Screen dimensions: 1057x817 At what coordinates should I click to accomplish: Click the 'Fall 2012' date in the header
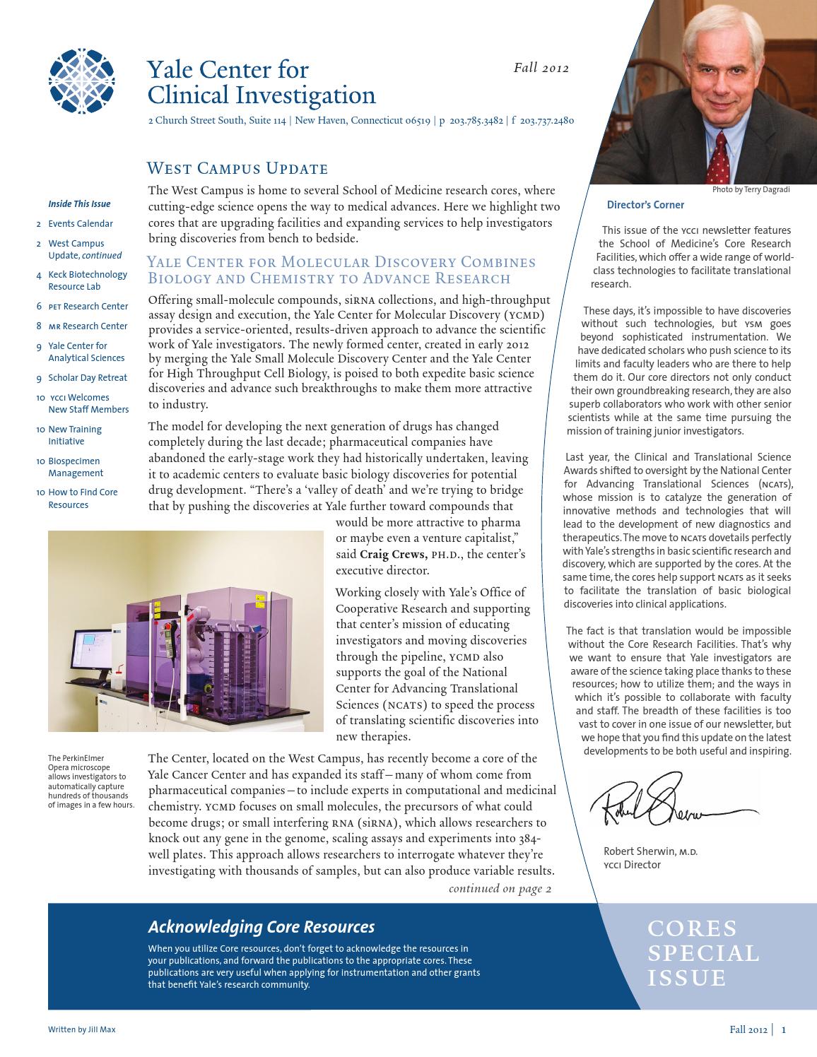541,69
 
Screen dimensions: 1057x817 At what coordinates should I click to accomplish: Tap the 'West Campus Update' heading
237,169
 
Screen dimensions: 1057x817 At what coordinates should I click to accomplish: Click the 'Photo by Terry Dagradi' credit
751,189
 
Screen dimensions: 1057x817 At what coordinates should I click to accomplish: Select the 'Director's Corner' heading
645,205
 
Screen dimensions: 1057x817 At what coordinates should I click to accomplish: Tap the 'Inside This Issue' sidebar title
79,204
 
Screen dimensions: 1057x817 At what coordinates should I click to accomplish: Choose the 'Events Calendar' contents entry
80,224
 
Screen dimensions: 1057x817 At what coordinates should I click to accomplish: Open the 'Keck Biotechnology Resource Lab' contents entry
87,281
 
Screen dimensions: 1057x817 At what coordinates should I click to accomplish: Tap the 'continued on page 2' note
500,889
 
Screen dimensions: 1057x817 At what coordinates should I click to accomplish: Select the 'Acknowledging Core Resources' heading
261,927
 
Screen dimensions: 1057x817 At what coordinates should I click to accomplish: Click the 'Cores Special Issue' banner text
703,952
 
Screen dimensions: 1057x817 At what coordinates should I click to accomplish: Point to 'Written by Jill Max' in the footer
81,1029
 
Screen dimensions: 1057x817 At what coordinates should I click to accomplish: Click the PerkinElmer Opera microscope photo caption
90,781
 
